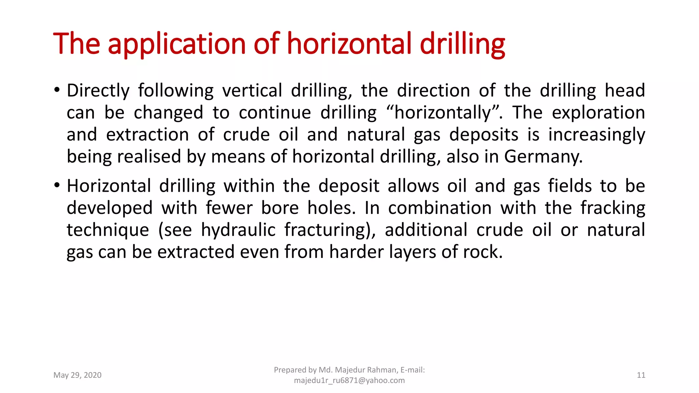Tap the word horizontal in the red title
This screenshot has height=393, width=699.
[x=349, y=44]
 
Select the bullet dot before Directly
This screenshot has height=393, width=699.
[x=57, y=90]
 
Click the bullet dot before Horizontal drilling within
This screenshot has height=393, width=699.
[x=57, y=186]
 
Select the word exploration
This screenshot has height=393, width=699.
[x=598, y=113]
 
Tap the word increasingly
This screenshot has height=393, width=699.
[x=597, y=135]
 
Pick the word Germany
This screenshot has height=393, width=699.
[x=543, y=157]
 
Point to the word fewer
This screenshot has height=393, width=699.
[x=229, y=208]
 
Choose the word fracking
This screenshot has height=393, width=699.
[x=613, y=208]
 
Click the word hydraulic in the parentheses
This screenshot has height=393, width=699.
[x=238, y=230]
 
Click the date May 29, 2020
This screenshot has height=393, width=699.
[x=77, y=375]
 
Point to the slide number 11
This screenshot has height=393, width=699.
[x=641, y=375]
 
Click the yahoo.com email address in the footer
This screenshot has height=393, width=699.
[x=349, y=380]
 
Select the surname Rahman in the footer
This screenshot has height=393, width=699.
[x=381, y=370]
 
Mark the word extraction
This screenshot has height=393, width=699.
[x=147, y=135]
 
